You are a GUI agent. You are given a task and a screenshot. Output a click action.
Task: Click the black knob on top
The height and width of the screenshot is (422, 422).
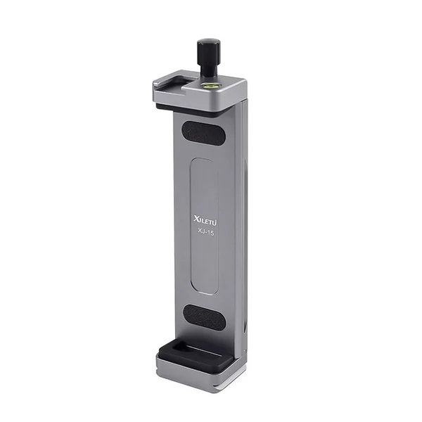(209, 51)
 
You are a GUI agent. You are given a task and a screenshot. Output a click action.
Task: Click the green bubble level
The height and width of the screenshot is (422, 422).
(206, 86)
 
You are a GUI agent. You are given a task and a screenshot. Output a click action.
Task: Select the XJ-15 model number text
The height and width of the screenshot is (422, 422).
(205, 232)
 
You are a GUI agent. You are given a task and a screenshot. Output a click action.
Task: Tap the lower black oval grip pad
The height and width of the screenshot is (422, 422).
(205, 317)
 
